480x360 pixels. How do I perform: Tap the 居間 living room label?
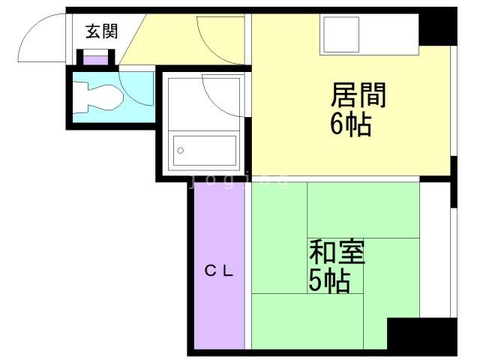pyautogui.click(x=358, y=95)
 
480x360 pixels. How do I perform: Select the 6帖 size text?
pyautogui.click(x=350, y=124)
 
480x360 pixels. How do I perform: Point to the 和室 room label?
pyautogui.click(x=337, y=252)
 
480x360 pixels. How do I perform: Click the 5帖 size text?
pyautogui.click(x=328, y=280)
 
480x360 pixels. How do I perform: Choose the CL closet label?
pyautogui.click(x=219, y=271)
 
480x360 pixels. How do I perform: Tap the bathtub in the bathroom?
pyautogui.click(x=202, y=150)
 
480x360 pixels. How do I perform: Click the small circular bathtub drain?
pyautogui.click(x=180, y=151)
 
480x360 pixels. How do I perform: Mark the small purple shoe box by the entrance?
pyautogui.click(x=94, y=58)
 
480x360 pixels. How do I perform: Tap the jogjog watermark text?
pyautogui.click(x=237, y=180)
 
